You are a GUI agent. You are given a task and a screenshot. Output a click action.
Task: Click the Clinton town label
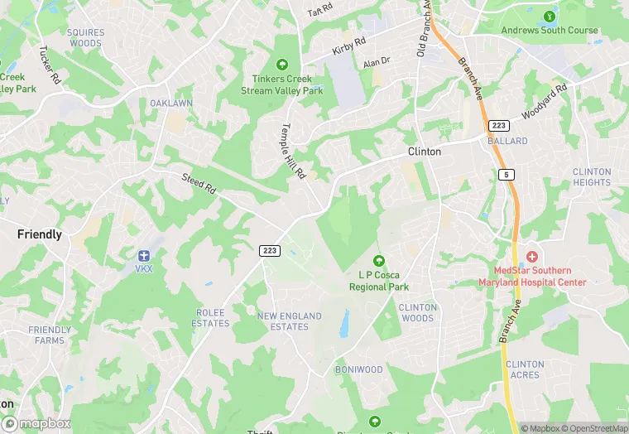424,152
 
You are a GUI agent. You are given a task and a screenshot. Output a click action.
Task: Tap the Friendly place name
40,234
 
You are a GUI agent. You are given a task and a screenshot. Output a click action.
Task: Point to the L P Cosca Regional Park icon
379,261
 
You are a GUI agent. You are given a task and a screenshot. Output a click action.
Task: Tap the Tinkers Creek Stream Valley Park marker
281,64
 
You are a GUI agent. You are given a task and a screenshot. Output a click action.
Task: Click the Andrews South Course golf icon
548,16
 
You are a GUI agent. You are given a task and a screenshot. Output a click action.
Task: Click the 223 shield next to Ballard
498,125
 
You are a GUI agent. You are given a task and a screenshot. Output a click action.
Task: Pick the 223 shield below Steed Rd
269,250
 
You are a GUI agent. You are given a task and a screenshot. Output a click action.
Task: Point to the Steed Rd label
199,184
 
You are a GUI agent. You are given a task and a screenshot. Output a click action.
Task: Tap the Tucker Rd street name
50,65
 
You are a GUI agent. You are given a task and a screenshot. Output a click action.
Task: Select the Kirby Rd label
348,46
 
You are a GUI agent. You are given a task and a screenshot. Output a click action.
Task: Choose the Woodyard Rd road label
544,101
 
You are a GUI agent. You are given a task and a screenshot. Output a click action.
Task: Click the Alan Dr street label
376,63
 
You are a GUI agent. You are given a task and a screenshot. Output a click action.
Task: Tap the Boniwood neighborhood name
358,369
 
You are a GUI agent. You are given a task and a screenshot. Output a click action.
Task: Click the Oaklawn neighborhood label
171,103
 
